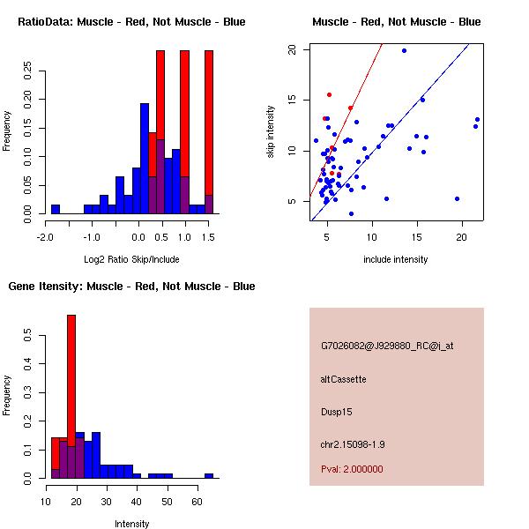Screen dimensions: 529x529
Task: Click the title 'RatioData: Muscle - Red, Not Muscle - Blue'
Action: (132, 21)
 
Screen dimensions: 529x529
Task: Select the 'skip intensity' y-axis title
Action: (272, 132)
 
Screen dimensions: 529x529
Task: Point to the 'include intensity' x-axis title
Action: (396, 259)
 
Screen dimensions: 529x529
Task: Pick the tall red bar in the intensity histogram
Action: (71, 397)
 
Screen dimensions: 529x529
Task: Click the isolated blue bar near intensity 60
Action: (209, 475)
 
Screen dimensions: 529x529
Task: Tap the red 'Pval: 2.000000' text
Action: (352, 469)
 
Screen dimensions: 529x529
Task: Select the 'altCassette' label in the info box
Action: (344, 379)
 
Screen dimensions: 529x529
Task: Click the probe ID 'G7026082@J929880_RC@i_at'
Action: (387, 346)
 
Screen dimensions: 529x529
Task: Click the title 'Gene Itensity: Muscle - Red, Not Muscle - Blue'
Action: (132, 287)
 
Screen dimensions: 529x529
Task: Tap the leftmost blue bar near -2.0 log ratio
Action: (55, 209)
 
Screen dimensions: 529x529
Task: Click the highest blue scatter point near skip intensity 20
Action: (404, 50)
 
